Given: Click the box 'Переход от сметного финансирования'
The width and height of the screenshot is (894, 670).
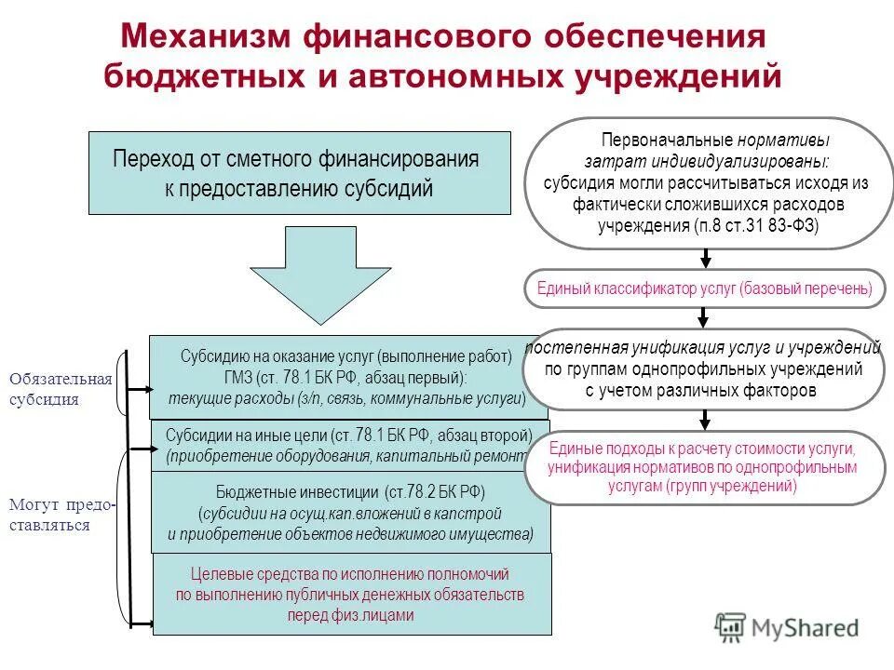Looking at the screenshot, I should point(299,173).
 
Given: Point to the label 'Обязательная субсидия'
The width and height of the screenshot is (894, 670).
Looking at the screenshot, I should point(61,389).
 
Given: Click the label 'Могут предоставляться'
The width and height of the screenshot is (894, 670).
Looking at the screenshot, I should point(62,515).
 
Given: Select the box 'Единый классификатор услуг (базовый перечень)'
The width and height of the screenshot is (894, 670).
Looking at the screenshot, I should point(705,288).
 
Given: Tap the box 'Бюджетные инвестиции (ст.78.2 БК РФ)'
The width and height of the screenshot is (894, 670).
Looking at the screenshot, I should point(350,513).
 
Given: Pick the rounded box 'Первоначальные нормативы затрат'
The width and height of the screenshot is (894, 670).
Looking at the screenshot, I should point(705,182).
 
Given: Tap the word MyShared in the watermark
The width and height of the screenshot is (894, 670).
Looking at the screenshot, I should point(806,628).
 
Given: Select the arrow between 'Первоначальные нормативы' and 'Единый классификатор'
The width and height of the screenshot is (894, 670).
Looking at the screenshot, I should point(706,259).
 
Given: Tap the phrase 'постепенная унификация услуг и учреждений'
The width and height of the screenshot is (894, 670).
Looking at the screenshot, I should point(703,348).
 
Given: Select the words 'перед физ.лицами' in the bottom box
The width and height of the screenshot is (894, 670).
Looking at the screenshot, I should point(350,615).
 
